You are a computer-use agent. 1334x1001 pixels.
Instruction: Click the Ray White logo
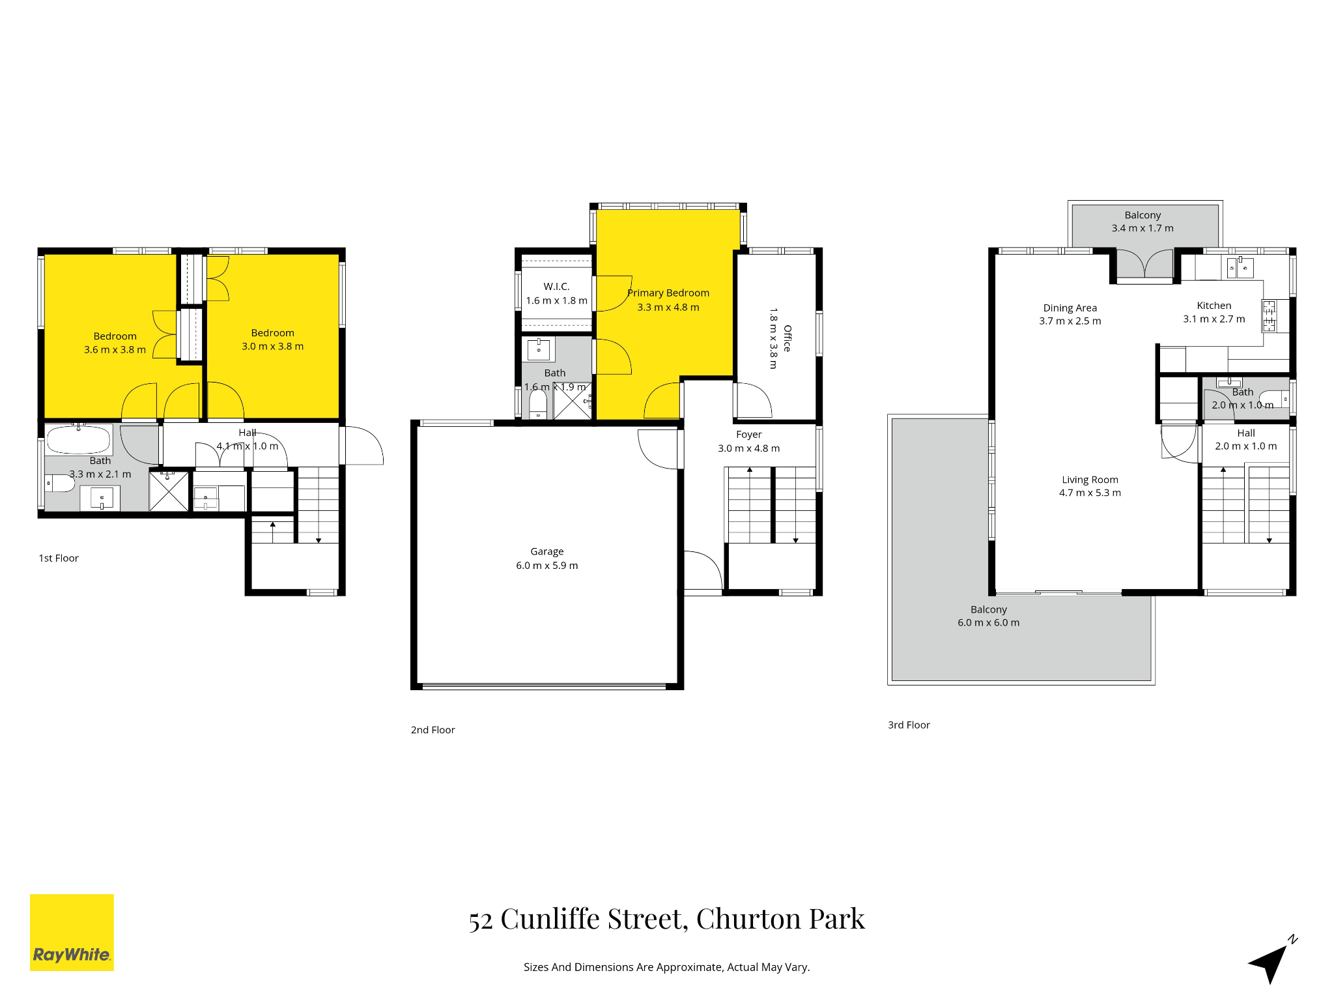tap(72, 932)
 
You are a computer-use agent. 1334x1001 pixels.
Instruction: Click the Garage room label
tap(547, 551)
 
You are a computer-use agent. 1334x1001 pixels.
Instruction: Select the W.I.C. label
tap(556, 287)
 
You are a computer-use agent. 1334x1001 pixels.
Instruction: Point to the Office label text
tap(788, 338)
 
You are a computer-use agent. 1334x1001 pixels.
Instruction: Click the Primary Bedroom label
tap(668, 293)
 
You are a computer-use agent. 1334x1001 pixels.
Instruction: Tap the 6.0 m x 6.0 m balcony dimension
tap(989, 623)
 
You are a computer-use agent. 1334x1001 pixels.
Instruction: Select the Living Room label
tap(1090, 480)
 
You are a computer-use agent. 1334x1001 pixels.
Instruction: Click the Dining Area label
tap(1070, 308)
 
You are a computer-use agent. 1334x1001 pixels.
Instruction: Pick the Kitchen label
tap(1214, 306)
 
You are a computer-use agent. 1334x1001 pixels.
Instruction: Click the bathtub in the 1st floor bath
tap(79, 439)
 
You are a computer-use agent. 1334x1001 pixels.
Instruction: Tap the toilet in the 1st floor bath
tap(59, 483)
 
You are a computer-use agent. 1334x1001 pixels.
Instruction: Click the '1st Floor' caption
tap(59, 559)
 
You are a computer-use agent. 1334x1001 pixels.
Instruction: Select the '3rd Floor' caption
tap(909, 725)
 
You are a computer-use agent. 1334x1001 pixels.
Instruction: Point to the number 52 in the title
tap(481, 921)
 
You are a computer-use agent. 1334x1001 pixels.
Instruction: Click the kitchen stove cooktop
tap(1270, 316)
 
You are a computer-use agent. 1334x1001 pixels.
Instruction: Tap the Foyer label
tap(749, 435)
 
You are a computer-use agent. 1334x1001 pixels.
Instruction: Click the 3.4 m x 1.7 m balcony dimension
tap(1142, 228)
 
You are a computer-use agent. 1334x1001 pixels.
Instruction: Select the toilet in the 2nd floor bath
tap(538, 403)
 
